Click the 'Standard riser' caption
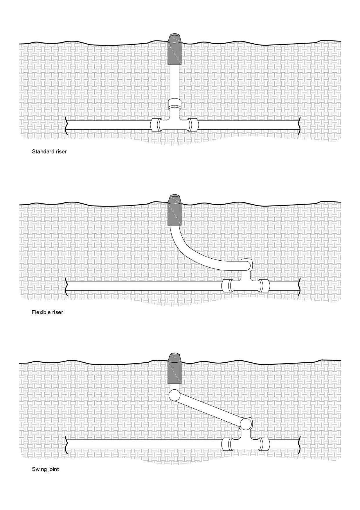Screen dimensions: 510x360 click(x=49, y=151)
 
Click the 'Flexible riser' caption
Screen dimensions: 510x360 click(x=47, y=312)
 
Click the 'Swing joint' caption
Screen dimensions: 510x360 click(x=45, y=469)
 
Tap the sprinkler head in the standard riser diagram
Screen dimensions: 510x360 click(x=175, y=51)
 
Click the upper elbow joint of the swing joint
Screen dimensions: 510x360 click(x=174, y=395)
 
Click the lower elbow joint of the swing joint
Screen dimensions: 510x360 click(x=246, y=423)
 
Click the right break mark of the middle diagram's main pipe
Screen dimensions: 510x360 click(x=299, y=286)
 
